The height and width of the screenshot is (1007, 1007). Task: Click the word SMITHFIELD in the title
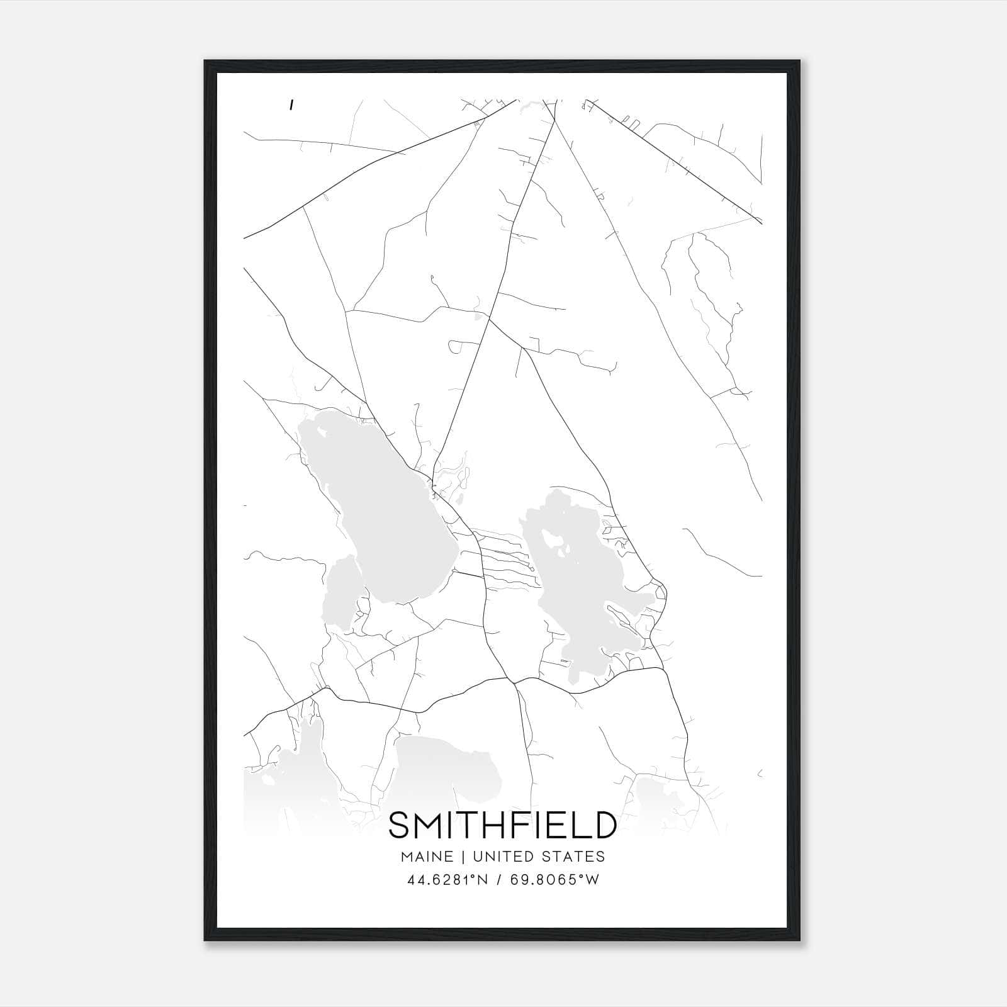click(502, 825)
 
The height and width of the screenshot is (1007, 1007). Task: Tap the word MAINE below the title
click(425, 857)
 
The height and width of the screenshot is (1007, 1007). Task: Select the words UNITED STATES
click(538, 857)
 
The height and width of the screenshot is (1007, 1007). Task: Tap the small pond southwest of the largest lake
click(340, 595)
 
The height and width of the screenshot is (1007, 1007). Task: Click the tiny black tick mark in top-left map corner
click(291, 106)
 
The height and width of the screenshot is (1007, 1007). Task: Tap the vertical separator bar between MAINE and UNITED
click(463, 857)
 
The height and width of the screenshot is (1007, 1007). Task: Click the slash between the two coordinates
click(499, 880)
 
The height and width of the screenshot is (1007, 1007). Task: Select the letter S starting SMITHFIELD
click(398, 825)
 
